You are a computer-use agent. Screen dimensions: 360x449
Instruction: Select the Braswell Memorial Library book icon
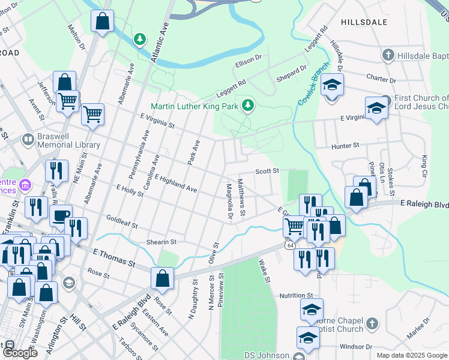pos(28,140)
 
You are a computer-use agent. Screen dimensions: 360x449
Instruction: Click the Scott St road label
pos(268,171)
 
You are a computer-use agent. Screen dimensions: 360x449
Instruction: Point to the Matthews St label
pos(242,197)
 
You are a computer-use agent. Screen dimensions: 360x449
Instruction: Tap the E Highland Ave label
pos(175,184)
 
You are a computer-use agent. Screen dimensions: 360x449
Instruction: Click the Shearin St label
pos(161,242)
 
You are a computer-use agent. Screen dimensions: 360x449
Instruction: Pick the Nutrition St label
pos(297,296)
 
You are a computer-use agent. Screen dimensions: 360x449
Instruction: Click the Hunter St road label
pos(345,146)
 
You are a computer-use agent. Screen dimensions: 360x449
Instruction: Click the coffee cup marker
pos(60,216)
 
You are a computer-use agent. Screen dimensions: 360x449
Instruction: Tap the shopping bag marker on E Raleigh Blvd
pos(162,278)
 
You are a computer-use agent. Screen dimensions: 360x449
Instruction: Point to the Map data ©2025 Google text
pos(412,355)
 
